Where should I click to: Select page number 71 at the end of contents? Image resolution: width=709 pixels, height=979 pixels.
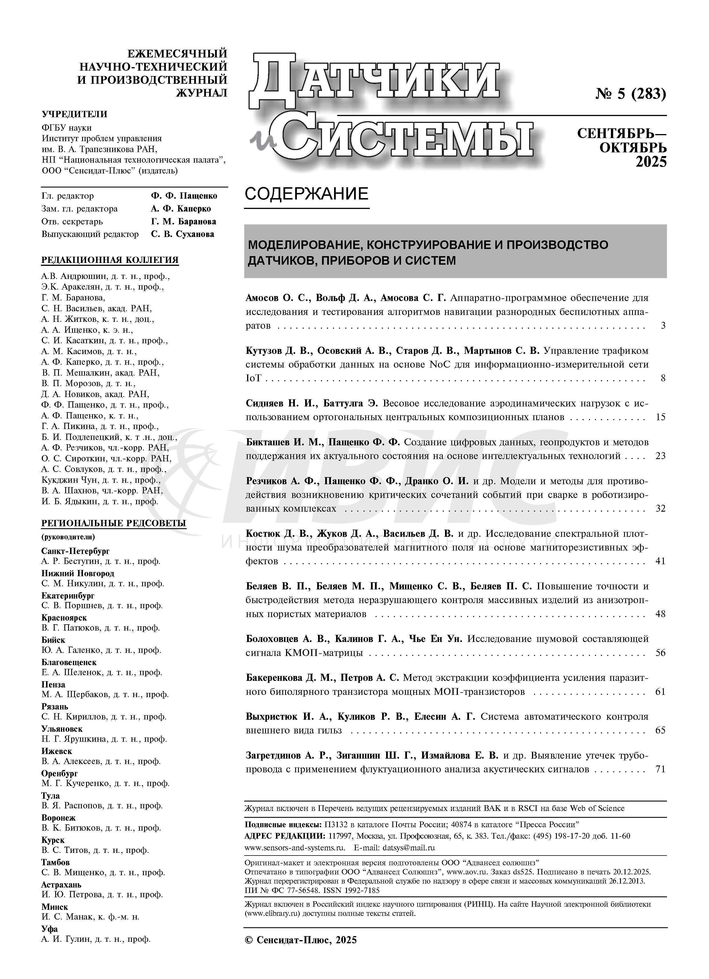(660, 769)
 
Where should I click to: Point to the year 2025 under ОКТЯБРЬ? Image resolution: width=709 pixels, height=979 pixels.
(651, 162)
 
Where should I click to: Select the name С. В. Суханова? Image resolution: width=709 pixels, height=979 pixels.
(183, 234)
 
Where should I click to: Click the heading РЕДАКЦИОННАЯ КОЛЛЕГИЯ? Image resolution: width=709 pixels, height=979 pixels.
(110, 260)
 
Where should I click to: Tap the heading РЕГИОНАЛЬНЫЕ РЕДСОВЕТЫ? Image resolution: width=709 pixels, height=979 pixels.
(114, 523)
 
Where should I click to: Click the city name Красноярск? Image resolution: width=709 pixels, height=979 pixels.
(64, 618)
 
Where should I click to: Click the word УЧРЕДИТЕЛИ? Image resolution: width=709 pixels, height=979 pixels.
(74, 114)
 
